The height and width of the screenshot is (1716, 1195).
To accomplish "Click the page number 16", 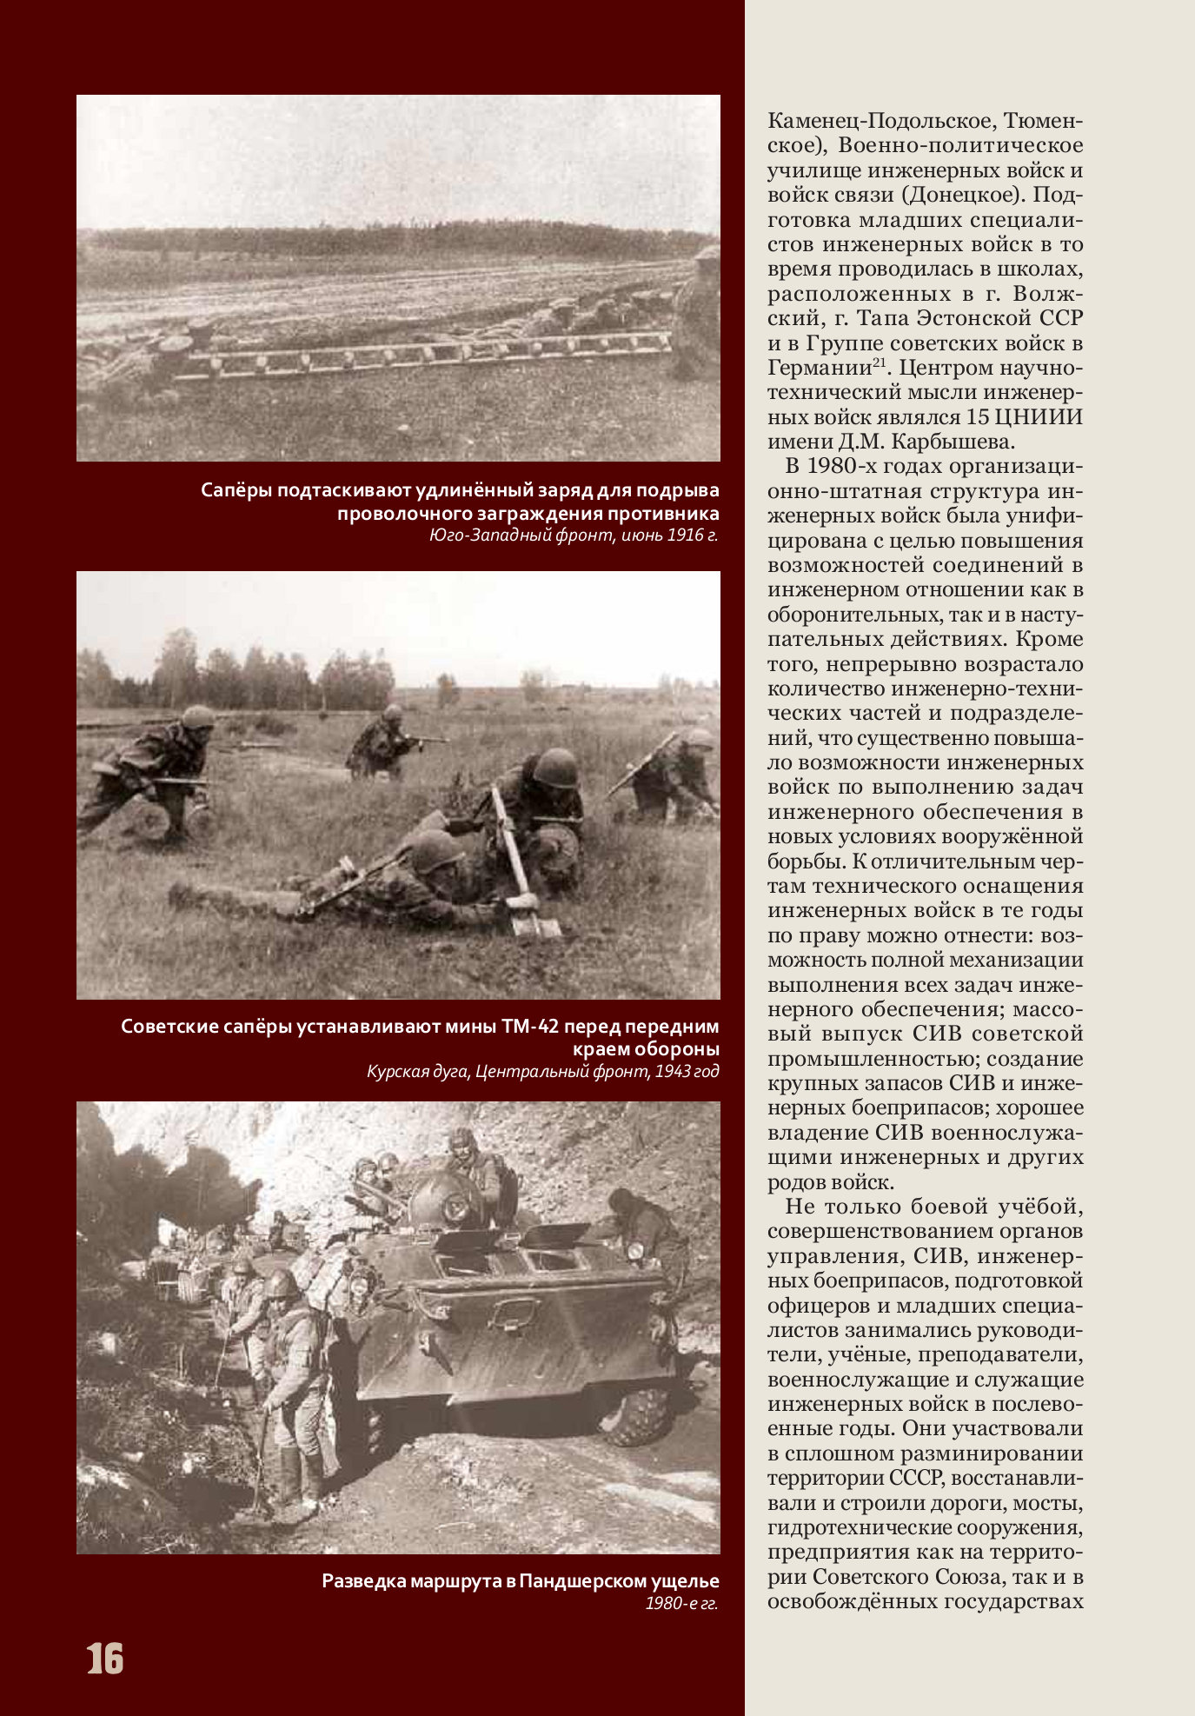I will point(105,1659).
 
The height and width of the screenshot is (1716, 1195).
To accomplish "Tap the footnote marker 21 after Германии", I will point(880,362).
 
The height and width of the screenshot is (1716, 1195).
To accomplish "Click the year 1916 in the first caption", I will point(685,535).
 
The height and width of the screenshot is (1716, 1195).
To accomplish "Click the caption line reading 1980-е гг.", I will point(681,1603).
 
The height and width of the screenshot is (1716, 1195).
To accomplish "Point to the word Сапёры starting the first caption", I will point(236,490).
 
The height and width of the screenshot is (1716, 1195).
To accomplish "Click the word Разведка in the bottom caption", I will point(360,1580).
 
